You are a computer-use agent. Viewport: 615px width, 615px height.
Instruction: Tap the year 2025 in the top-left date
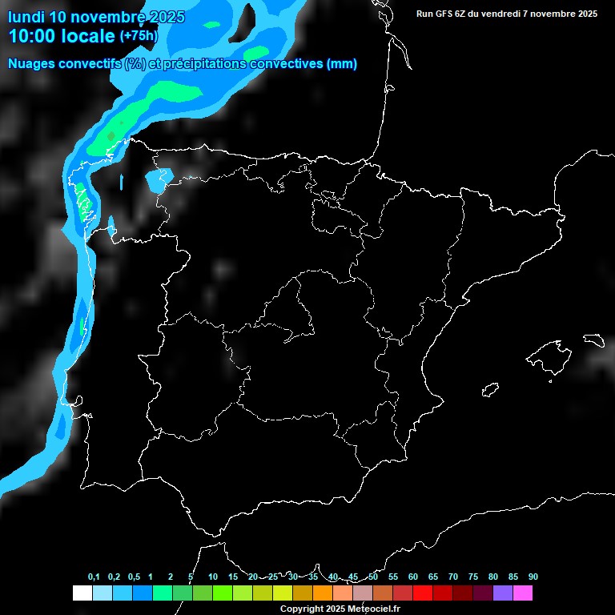[165, 17]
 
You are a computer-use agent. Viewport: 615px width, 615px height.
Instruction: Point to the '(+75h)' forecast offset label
[139, 36]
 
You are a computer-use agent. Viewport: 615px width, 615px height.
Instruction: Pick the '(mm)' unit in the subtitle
[342, 64]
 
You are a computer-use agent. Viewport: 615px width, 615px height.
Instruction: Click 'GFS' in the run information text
[444, 14]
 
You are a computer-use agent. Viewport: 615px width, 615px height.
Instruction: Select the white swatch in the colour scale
[82, 593]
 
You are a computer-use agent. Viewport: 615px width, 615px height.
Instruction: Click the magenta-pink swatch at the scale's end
[523, 593]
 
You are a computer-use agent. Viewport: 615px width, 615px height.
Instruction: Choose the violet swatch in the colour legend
[503, 593]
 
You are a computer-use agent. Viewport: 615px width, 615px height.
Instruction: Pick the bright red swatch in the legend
[423, 593]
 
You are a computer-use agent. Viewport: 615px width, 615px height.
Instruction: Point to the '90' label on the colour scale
[533, 577]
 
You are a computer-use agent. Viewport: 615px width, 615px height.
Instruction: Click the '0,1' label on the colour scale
[94, 577]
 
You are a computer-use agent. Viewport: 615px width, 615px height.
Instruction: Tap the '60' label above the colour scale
[413, 577]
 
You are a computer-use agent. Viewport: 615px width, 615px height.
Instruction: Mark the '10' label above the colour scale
[213, 577]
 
